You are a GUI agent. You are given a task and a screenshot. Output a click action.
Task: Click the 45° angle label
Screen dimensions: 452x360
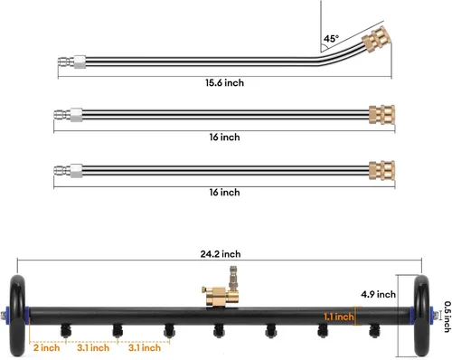click(331, 39)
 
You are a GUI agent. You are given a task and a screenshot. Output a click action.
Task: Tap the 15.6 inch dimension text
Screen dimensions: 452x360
click(224, 83)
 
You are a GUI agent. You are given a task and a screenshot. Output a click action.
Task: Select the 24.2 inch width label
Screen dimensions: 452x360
click(221, 254)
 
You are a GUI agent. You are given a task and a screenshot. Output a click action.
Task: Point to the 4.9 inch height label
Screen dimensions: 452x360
click(379, 294)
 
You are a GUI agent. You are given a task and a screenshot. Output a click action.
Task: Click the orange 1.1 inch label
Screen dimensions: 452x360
click(339, 317)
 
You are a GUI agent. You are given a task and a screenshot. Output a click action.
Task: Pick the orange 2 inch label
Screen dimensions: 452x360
click(46, 348)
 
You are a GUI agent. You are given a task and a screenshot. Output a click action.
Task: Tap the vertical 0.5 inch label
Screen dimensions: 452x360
click(447, 317)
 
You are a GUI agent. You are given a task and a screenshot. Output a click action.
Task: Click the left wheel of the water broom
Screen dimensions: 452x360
click(17, 316)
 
